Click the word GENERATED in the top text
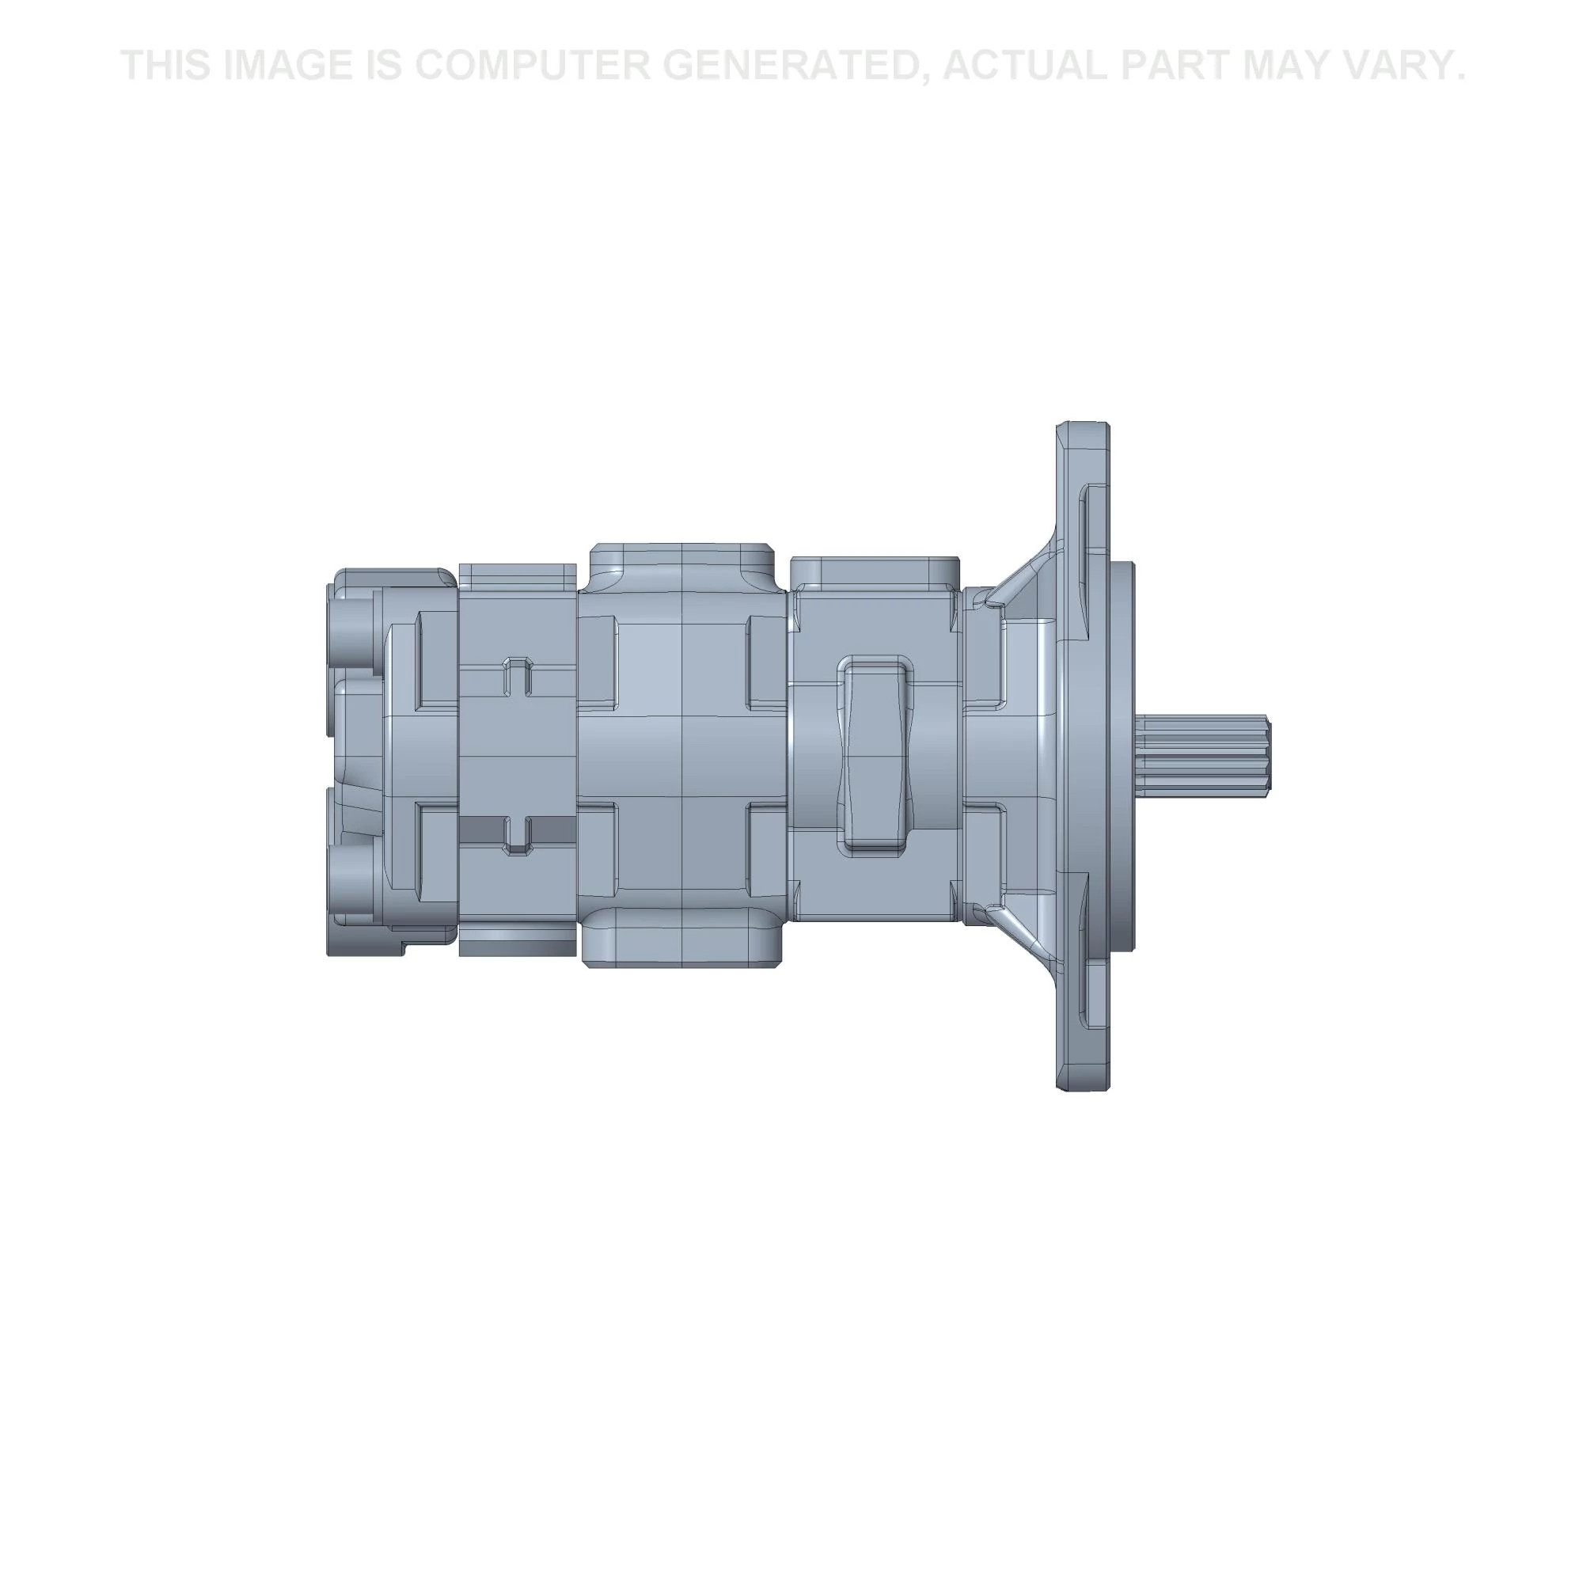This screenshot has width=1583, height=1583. coord(791,66)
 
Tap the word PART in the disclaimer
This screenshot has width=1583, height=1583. coord(1173,66)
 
